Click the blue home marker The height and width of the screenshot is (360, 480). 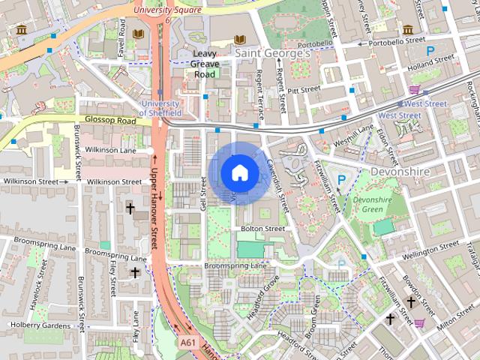(x=238, y=172)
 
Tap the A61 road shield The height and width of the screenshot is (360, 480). (x=189, y=342)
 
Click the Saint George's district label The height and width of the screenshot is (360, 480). (x=272, y=54)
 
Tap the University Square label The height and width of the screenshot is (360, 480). (x=167, y=10)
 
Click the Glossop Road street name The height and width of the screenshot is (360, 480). (x=110, y=120)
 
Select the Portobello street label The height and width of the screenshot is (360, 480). (x=316, y=44)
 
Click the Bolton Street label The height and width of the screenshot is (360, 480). (x=262, y=228)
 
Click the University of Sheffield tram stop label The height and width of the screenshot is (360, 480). (x=159, y=108)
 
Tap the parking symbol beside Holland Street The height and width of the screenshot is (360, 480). (x=430, y=51)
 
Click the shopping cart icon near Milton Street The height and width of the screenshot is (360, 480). (x=419, y=323)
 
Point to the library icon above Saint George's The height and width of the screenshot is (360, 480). (x=240, y=39)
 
